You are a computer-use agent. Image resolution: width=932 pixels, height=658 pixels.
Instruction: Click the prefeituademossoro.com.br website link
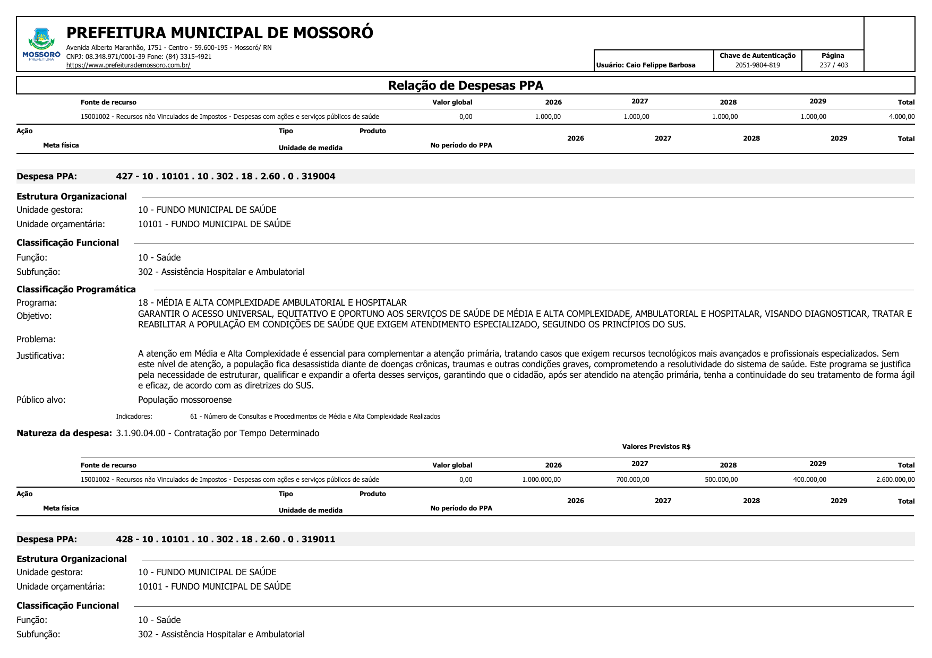[128, 65]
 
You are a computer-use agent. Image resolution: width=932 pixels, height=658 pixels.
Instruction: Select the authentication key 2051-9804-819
[757, 65]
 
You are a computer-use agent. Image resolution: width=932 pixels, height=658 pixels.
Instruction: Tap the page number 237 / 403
[833, 65]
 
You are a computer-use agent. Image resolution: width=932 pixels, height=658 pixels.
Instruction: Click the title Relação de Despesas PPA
[465, 85]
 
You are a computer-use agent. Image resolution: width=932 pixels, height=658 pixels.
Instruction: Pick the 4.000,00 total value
[901, 117]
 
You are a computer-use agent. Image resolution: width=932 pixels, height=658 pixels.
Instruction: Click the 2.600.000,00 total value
[895, 480]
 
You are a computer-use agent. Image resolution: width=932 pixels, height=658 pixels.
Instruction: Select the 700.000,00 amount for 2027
[632, 480]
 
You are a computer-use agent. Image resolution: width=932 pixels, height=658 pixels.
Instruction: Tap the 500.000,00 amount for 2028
[721, 480]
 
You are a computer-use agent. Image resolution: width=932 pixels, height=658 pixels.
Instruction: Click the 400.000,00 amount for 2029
[809, 480]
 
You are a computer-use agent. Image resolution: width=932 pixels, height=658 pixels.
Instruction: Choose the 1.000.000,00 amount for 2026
[541, 480]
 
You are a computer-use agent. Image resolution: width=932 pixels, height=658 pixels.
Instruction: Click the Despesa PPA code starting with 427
[226, 177]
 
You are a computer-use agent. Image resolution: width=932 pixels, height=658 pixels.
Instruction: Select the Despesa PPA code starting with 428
[226, 540]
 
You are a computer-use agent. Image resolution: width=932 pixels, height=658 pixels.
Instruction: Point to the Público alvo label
[41, 400]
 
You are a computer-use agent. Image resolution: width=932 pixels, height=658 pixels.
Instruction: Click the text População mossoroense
[185, 400]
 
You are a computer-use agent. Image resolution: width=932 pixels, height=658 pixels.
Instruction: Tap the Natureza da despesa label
[64, 434]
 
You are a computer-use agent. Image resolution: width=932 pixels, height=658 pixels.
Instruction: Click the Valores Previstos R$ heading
[656, 447]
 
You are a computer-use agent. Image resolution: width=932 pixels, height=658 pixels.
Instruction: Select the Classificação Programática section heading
[76, 290]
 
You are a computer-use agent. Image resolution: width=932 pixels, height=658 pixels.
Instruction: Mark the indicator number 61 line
[315, 417]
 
